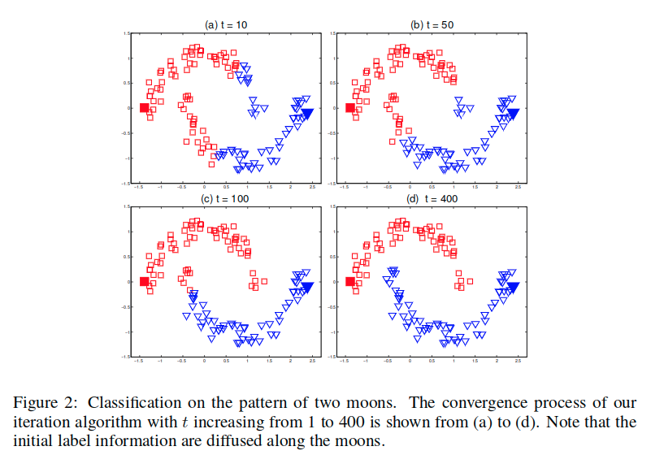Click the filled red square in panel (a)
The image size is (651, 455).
coord(145,108)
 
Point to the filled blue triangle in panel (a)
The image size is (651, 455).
coord(307,113)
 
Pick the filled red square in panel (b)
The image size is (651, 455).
coord(350,108)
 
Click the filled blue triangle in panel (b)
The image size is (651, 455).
coord(513,113)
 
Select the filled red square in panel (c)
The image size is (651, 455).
coord(145,282)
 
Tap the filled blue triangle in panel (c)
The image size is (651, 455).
coord(307,287)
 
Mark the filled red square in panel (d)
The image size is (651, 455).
coord(350,282)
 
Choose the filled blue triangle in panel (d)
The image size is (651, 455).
coord(513,287)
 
